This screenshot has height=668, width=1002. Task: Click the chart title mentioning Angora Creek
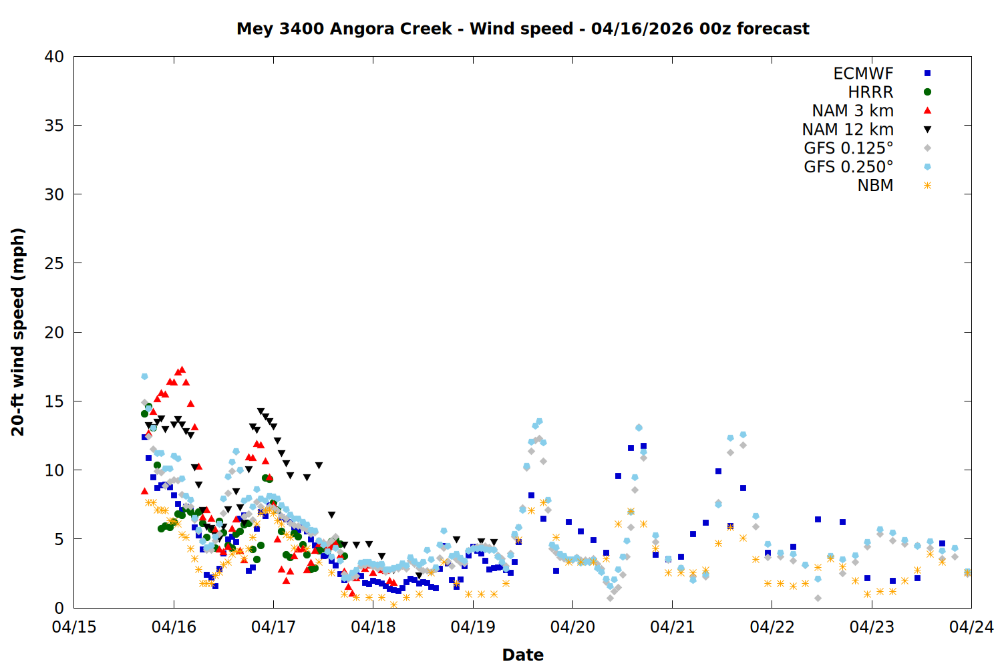click(x=522, y=29)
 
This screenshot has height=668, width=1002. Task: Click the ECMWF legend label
click(x=863, y=73)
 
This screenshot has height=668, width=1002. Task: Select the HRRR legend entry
click(x=870, y=92)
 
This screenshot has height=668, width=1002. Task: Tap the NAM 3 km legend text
click(x=852, y=111)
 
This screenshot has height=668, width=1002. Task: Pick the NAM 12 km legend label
click(x=848, y=130)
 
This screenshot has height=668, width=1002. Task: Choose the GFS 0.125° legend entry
click(x=848, y=148)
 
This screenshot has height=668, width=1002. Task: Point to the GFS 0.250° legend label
click(x=848, y=167)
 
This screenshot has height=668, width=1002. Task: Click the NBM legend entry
click(x=875, y=186)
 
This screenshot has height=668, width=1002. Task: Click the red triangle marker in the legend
click(x=927, y=110)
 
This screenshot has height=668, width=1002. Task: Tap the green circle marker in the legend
click(x=927, y=92)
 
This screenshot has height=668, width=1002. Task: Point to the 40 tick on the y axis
click(x=55, y=57)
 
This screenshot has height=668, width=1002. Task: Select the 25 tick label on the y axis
click(x=55, y=263)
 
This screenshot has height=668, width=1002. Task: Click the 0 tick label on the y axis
click(x=59, y=608)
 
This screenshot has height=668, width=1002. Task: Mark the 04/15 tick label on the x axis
click(x=74, y=627)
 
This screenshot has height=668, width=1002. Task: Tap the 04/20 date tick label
click(x=572, y=627)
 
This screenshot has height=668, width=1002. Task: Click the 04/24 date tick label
click(x=971, y=627)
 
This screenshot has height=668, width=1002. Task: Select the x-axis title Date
click(x=522, y=655)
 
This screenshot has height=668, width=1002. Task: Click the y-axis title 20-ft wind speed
click(x=18, y=332)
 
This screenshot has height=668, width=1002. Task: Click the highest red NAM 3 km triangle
click(x=182, y=369)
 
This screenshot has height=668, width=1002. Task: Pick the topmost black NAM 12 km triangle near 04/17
click(x=261, y=412)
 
